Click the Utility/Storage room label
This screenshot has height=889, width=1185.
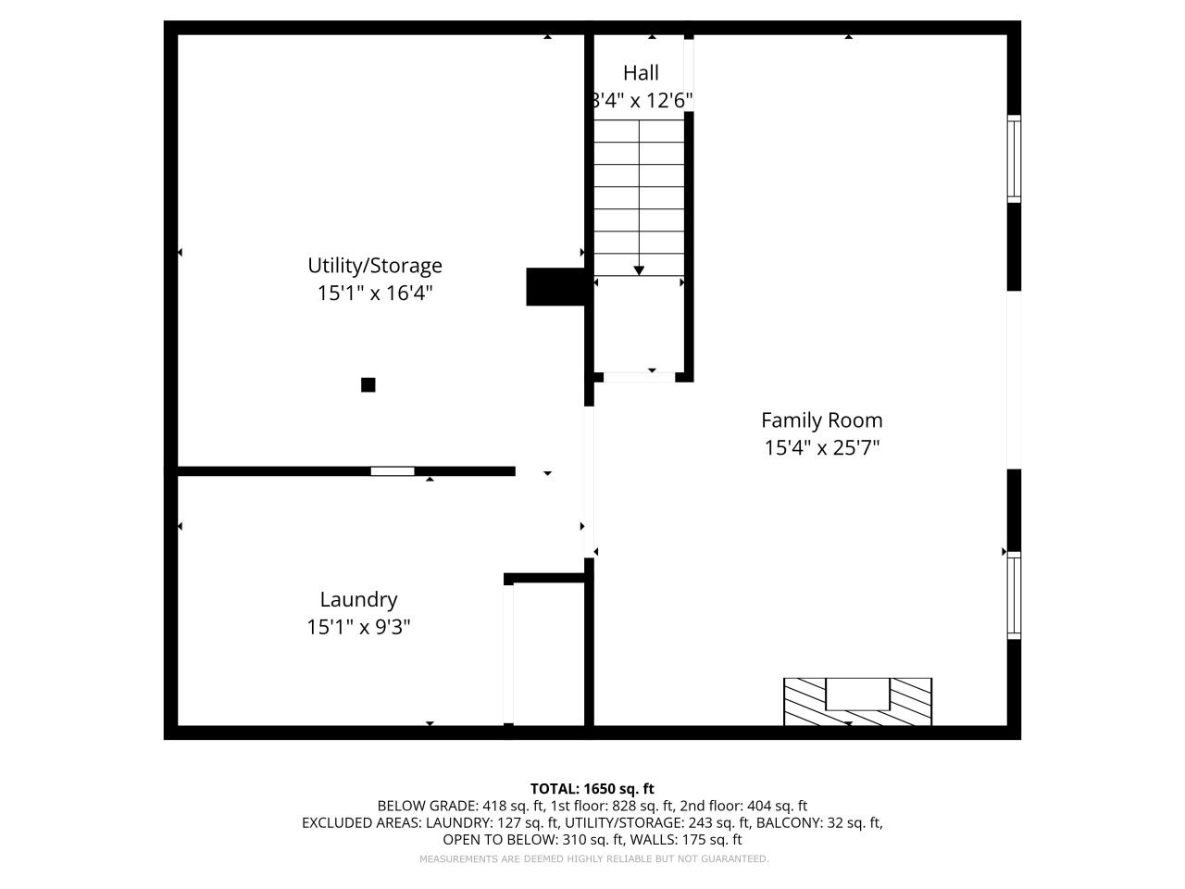click(x=374, y=266)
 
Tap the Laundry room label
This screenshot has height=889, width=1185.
click(x=358, y=599)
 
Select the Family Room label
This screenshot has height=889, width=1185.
click(x=821, y=420)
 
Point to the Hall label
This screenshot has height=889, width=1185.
click(x=641, y=73)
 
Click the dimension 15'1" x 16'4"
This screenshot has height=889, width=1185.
click(x=374, y=294)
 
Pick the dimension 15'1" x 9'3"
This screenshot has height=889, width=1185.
click(x=358, y=627)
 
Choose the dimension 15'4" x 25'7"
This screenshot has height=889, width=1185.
click(x=821, y=448)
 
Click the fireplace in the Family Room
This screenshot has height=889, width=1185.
click(x=857, y=702)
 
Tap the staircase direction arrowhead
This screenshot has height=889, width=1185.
click(x=639, y=270)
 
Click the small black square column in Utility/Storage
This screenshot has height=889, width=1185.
click(x=368, y=385)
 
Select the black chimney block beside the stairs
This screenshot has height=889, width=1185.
click(x=555, y=287)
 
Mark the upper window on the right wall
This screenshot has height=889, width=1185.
click(x=1014, y=158)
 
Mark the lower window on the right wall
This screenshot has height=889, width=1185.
click(x=1014, y=595)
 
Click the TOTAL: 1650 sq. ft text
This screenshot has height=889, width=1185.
click(x=592, y=789)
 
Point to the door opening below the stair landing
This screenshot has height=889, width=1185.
click(x=639, y=377)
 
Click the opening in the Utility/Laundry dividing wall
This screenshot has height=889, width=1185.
click(x=393, y=471)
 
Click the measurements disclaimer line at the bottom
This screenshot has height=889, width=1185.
click(x=593, y=859)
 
